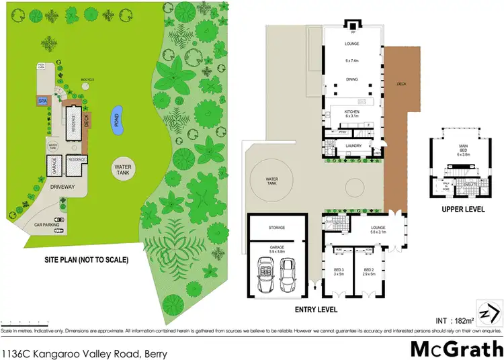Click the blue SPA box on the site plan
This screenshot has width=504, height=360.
42,101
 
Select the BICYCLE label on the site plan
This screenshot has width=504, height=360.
87,80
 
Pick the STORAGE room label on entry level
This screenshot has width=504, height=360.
277,228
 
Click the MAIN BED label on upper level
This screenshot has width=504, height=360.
463,151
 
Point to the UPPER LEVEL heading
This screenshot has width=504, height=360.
463,210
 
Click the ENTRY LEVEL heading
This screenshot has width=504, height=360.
315,310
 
